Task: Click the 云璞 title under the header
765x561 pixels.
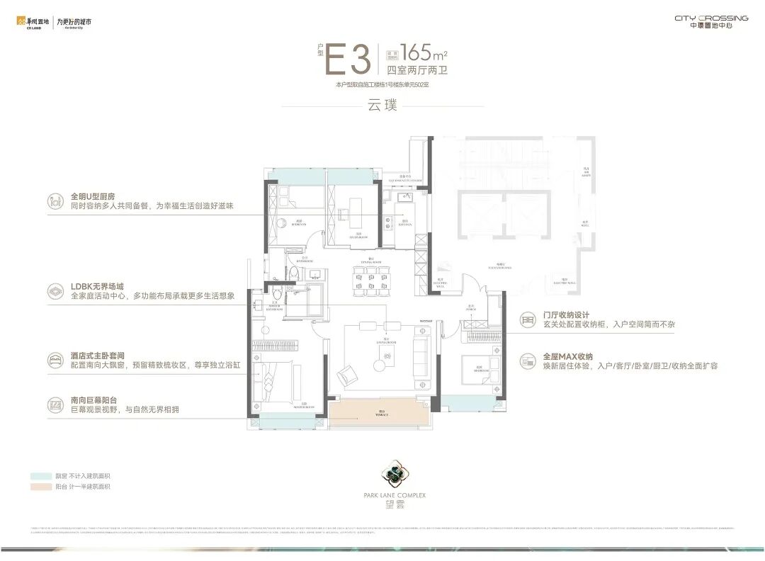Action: (x=382, y=107)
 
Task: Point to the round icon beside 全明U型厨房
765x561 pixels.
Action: (x=55, y=200)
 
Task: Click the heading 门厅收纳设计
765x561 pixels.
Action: (x=567, y=315)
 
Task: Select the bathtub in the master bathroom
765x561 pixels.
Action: (x=314, y=297)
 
